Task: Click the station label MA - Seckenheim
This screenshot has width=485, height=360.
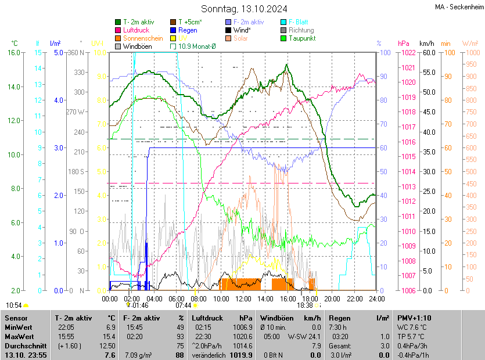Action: point(458,7)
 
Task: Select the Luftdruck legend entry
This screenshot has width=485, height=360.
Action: point(136,30)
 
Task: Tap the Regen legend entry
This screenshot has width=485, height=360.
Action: point(188,30)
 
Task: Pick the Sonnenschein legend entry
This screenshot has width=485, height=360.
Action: point(143,38)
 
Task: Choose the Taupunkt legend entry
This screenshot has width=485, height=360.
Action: point(301,38)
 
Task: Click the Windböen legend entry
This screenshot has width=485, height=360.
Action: point(136,46)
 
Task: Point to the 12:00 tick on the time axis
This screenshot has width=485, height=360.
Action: point(243,299)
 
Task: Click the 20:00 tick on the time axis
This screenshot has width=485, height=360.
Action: point(332,299)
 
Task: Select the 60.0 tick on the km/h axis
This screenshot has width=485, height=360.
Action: point(428,53)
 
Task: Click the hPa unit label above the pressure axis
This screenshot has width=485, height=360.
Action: point(403,44)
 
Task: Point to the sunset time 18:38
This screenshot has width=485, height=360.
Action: point(305,305)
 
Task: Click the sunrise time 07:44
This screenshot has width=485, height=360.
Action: point(183,305)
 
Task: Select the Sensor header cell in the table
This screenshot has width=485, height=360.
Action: point(16,318)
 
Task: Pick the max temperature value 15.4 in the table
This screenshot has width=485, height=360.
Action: point(110,337)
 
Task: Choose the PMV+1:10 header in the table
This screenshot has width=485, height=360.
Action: point(414,318)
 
